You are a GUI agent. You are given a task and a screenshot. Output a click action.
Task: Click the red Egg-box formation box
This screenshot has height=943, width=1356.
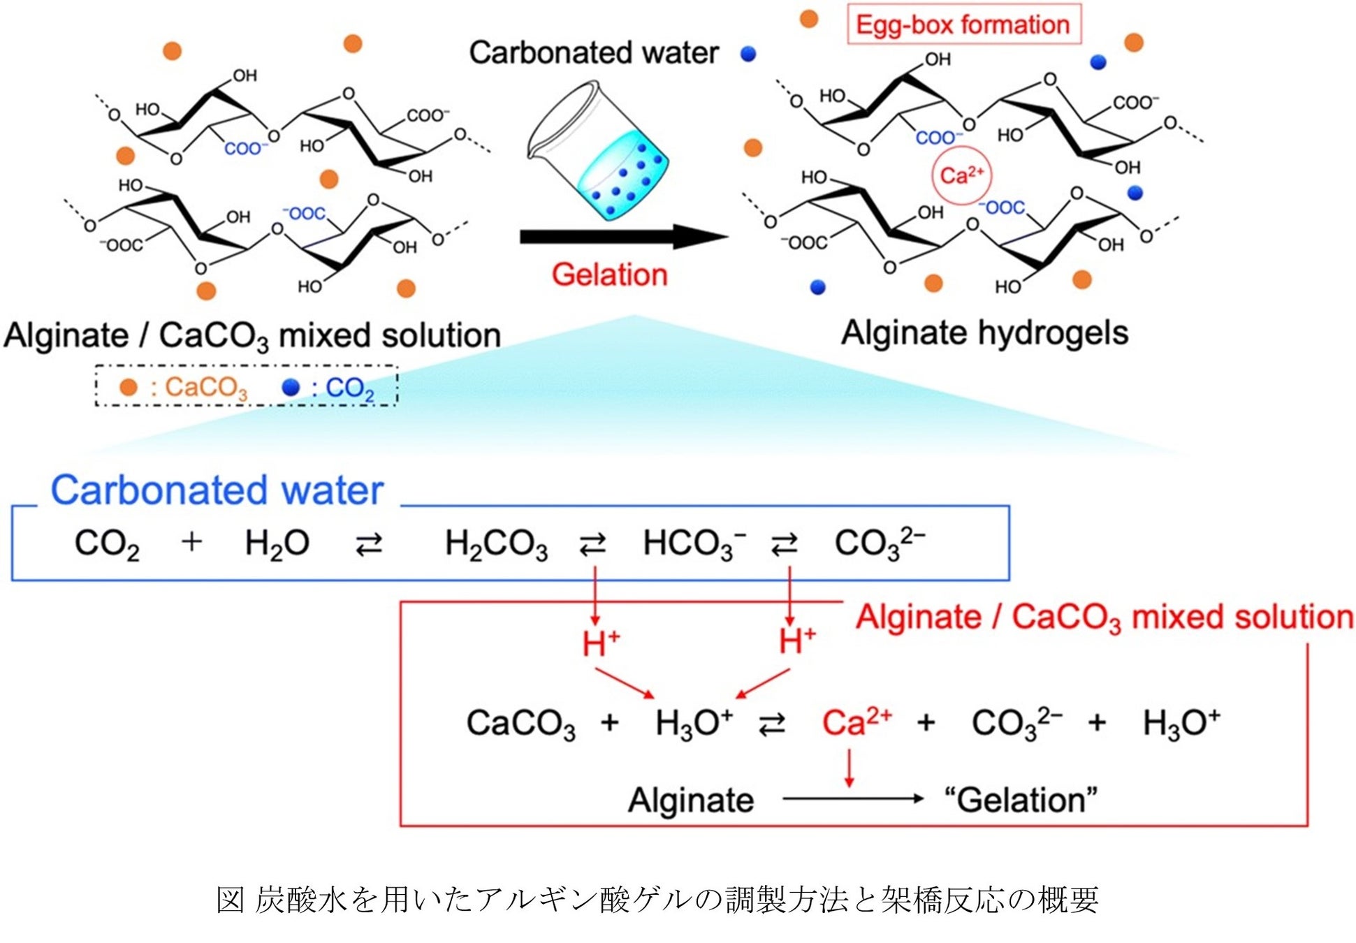point(963,25)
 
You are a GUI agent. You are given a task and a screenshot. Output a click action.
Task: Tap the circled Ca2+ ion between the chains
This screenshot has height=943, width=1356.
point(961,175)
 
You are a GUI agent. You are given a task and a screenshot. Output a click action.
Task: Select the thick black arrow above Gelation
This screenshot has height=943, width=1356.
point(622,237)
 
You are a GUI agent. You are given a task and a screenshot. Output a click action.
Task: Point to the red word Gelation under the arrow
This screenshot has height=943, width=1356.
point(609,275)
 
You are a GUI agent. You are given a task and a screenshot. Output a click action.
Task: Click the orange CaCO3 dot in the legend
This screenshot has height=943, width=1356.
point(129,387)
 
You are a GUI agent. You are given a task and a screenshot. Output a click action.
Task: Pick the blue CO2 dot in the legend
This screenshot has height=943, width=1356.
point(291,387)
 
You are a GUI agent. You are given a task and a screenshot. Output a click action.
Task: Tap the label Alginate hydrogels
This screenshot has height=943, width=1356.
point(984,333)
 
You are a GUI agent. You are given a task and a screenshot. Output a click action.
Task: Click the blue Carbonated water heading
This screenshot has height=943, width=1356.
point(217,490)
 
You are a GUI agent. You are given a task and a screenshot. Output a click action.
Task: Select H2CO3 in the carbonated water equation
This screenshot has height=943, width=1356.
point(496,543)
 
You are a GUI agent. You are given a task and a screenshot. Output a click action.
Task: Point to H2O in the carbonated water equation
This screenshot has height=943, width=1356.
point(277,543)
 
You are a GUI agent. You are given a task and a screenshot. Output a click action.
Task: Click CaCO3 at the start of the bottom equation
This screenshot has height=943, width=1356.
point(520,723)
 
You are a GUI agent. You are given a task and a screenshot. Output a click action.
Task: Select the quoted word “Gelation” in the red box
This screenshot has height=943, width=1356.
point(1021,800)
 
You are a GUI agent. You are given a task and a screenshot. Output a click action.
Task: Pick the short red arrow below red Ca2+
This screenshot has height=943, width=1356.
point(849,768)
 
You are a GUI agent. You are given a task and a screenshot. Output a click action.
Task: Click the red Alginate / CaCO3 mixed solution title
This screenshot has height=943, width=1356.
point(1104,617)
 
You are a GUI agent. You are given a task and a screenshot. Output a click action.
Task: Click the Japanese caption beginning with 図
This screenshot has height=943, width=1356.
point(657,900)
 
